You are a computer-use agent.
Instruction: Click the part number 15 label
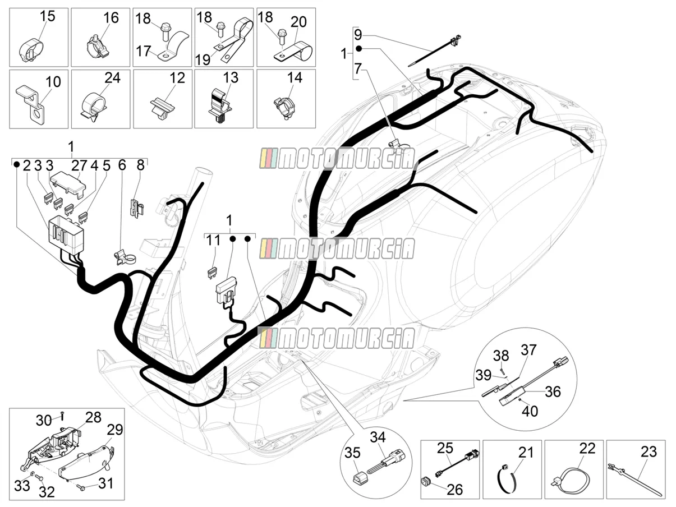48,16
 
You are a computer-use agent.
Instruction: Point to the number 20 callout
298,22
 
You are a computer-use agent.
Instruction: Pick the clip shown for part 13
222,105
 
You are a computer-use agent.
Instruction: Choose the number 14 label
295,77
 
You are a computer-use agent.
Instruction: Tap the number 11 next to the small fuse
213,240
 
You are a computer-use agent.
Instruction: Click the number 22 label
587,449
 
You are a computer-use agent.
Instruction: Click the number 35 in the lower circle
352,453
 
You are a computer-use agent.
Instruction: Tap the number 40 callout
530,411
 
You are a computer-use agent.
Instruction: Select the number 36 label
553,392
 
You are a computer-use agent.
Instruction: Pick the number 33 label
22,486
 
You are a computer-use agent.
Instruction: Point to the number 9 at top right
358,34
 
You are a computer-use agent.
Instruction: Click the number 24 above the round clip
112,77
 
